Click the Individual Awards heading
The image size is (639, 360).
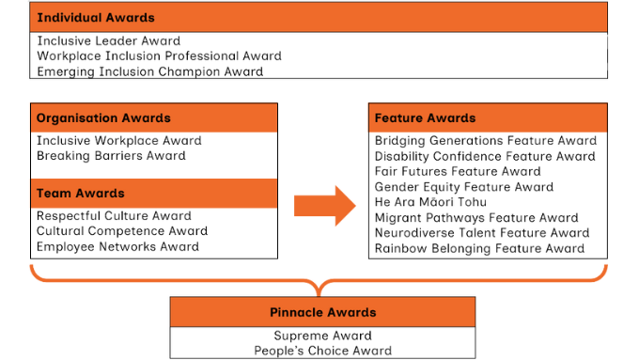click(x=94, y=18)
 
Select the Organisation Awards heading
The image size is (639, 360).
click(x=103, y=118)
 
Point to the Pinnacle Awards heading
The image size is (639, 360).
click(x=322, y=312)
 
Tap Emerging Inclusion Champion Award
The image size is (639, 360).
click(x=150, y=71)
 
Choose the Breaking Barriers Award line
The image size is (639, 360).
click(x=111, y=156)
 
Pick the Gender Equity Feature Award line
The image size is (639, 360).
click(x=464, y=187)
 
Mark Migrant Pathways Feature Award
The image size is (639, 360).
click(x=475, y=217)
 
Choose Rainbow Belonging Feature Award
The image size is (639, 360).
click(x=479, y=248)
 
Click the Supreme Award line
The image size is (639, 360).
click(x=322, y=336)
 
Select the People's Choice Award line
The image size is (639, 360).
click(x=322, y=351)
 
